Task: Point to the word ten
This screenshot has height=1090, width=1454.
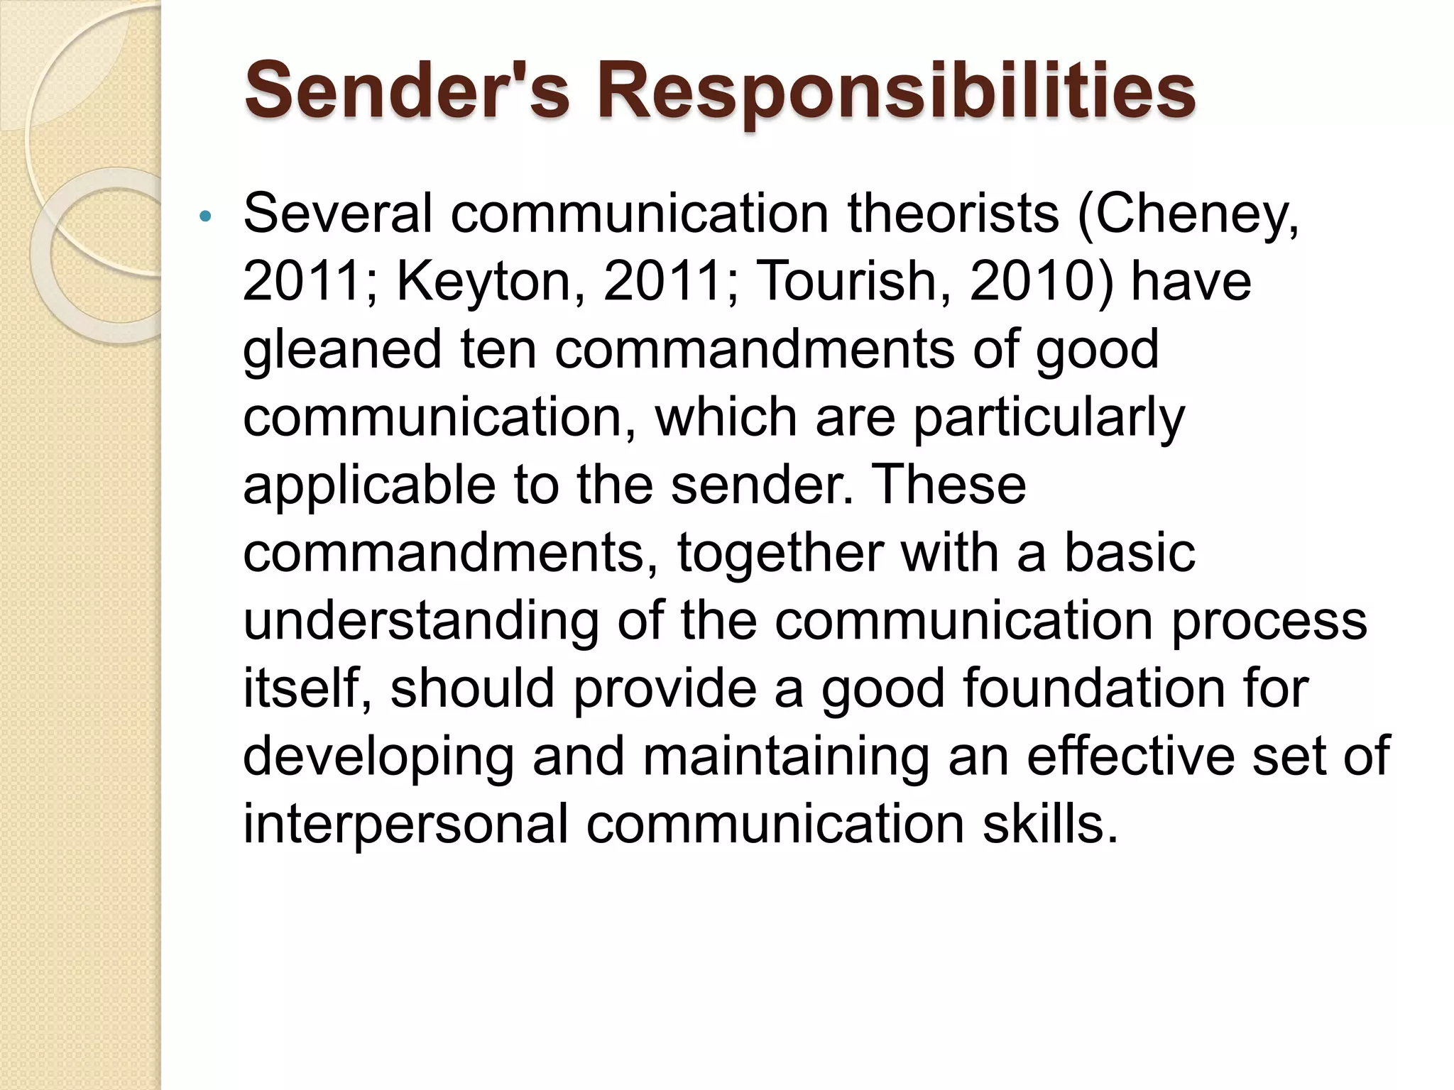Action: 498,348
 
